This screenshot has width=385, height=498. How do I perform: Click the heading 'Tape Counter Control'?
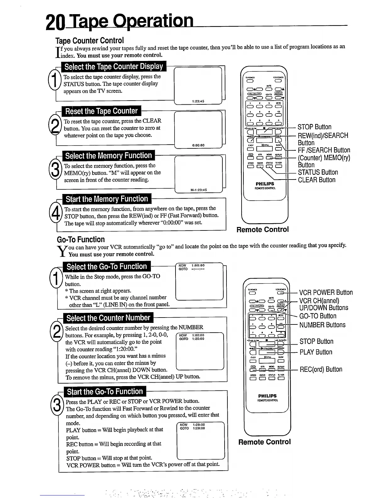(90, 41)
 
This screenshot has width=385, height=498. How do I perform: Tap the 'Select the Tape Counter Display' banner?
(114, 67)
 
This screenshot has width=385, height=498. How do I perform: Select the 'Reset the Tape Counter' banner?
(101, 111)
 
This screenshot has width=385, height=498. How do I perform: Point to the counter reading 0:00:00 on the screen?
(198, 145)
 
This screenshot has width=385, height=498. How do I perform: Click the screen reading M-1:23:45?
(198, 190)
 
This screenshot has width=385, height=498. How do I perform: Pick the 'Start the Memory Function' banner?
(107, 199)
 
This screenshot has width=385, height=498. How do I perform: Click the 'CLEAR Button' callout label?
(316, 180)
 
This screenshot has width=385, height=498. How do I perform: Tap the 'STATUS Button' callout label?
(318, 172)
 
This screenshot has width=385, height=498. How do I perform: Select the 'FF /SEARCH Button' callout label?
(324, 150)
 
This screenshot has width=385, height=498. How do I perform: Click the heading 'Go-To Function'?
(81, 240)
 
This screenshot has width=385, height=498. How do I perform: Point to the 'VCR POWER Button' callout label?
(326, 293)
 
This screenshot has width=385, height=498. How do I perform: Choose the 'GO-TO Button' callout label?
(318, 316)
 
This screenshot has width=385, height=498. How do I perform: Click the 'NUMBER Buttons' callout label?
(322, 325)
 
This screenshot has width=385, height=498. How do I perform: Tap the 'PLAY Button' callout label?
(316, 352)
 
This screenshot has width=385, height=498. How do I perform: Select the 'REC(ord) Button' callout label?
(321, 369)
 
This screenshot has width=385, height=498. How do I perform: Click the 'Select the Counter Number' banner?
(108, 318)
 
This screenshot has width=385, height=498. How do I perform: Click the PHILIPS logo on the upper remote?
(265, 184)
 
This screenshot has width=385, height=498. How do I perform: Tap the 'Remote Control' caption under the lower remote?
(265, 442)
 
